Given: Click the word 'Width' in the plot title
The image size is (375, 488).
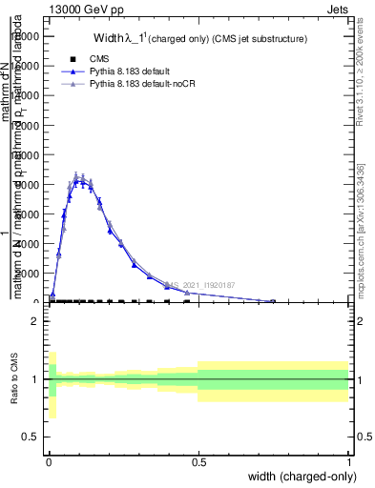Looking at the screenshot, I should click(109, 39).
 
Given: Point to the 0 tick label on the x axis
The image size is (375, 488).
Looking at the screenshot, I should click(49, 460).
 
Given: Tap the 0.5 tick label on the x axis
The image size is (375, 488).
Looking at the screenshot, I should click(198, 460).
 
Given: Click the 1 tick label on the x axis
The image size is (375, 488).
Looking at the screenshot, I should click(347, 460).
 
